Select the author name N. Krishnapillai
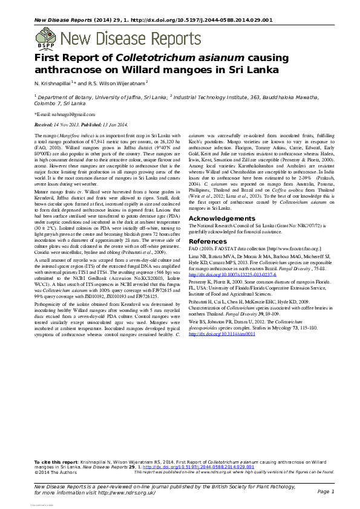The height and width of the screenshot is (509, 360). tap(52, 82)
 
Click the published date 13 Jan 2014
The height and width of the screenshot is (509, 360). tap(127, 123)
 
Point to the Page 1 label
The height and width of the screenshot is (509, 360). tap(326, 492)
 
